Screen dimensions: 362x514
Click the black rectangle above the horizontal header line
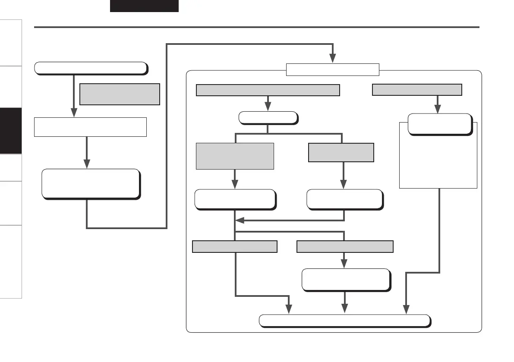click(144, 6)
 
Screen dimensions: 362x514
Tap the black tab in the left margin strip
click(11, 131)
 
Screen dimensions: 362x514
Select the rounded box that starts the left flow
click(91, 68)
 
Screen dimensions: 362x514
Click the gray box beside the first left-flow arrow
click(120, 94)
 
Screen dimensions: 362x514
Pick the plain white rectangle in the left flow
click(90, 126)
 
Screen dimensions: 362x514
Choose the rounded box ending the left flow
click(91, 183)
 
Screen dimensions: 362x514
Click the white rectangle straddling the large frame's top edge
click(333, 69)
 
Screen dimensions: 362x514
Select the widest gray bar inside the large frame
click(268, 90)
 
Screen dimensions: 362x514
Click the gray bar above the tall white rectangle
click(417, 90)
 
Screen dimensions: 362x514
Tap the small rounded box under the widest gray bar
click(268, 118)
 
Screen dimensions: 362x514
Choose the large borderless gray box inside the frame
click(235, 156)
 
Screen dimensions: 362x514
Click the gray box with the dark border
click(341, 152)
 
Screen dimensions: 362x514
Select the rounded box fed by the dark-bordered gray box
click(344, 199)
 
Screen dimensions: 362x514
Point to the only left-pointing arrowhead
click(240, 220)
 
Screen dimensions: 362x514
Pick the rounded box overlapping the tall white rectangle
click(439, 124)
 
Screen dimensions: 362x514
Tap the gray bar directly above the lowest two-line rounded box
click(345, 246)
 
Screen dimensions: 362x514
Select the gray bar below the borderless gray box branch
click(234, 246)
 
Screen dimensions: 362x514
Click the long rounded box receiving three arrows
click(344, 321)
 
